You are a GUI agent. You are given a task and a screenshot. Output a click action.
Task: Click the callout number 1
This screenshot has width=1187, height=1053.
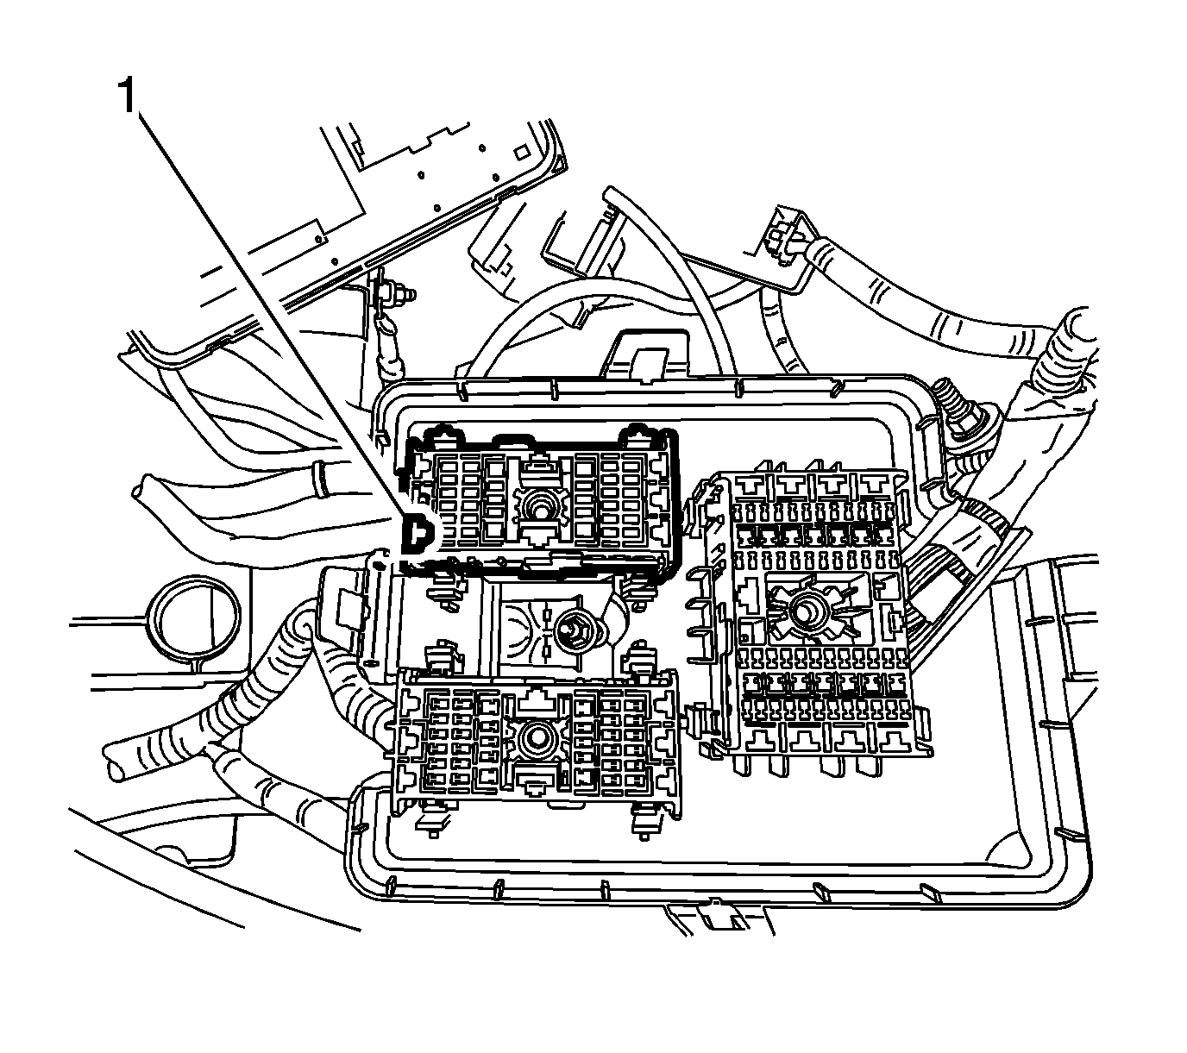pyautogui.click(x=126, y=96)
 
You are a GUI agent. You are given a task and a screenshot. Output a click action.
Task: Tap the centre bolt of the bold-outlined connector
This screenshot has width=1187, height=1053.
pyautogui.click(x=538, y=509)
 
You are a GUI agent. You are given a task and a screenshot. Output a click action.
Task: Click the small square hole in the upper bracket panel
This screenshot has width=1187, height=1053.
pyautogui.click(x=521, y=150)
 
